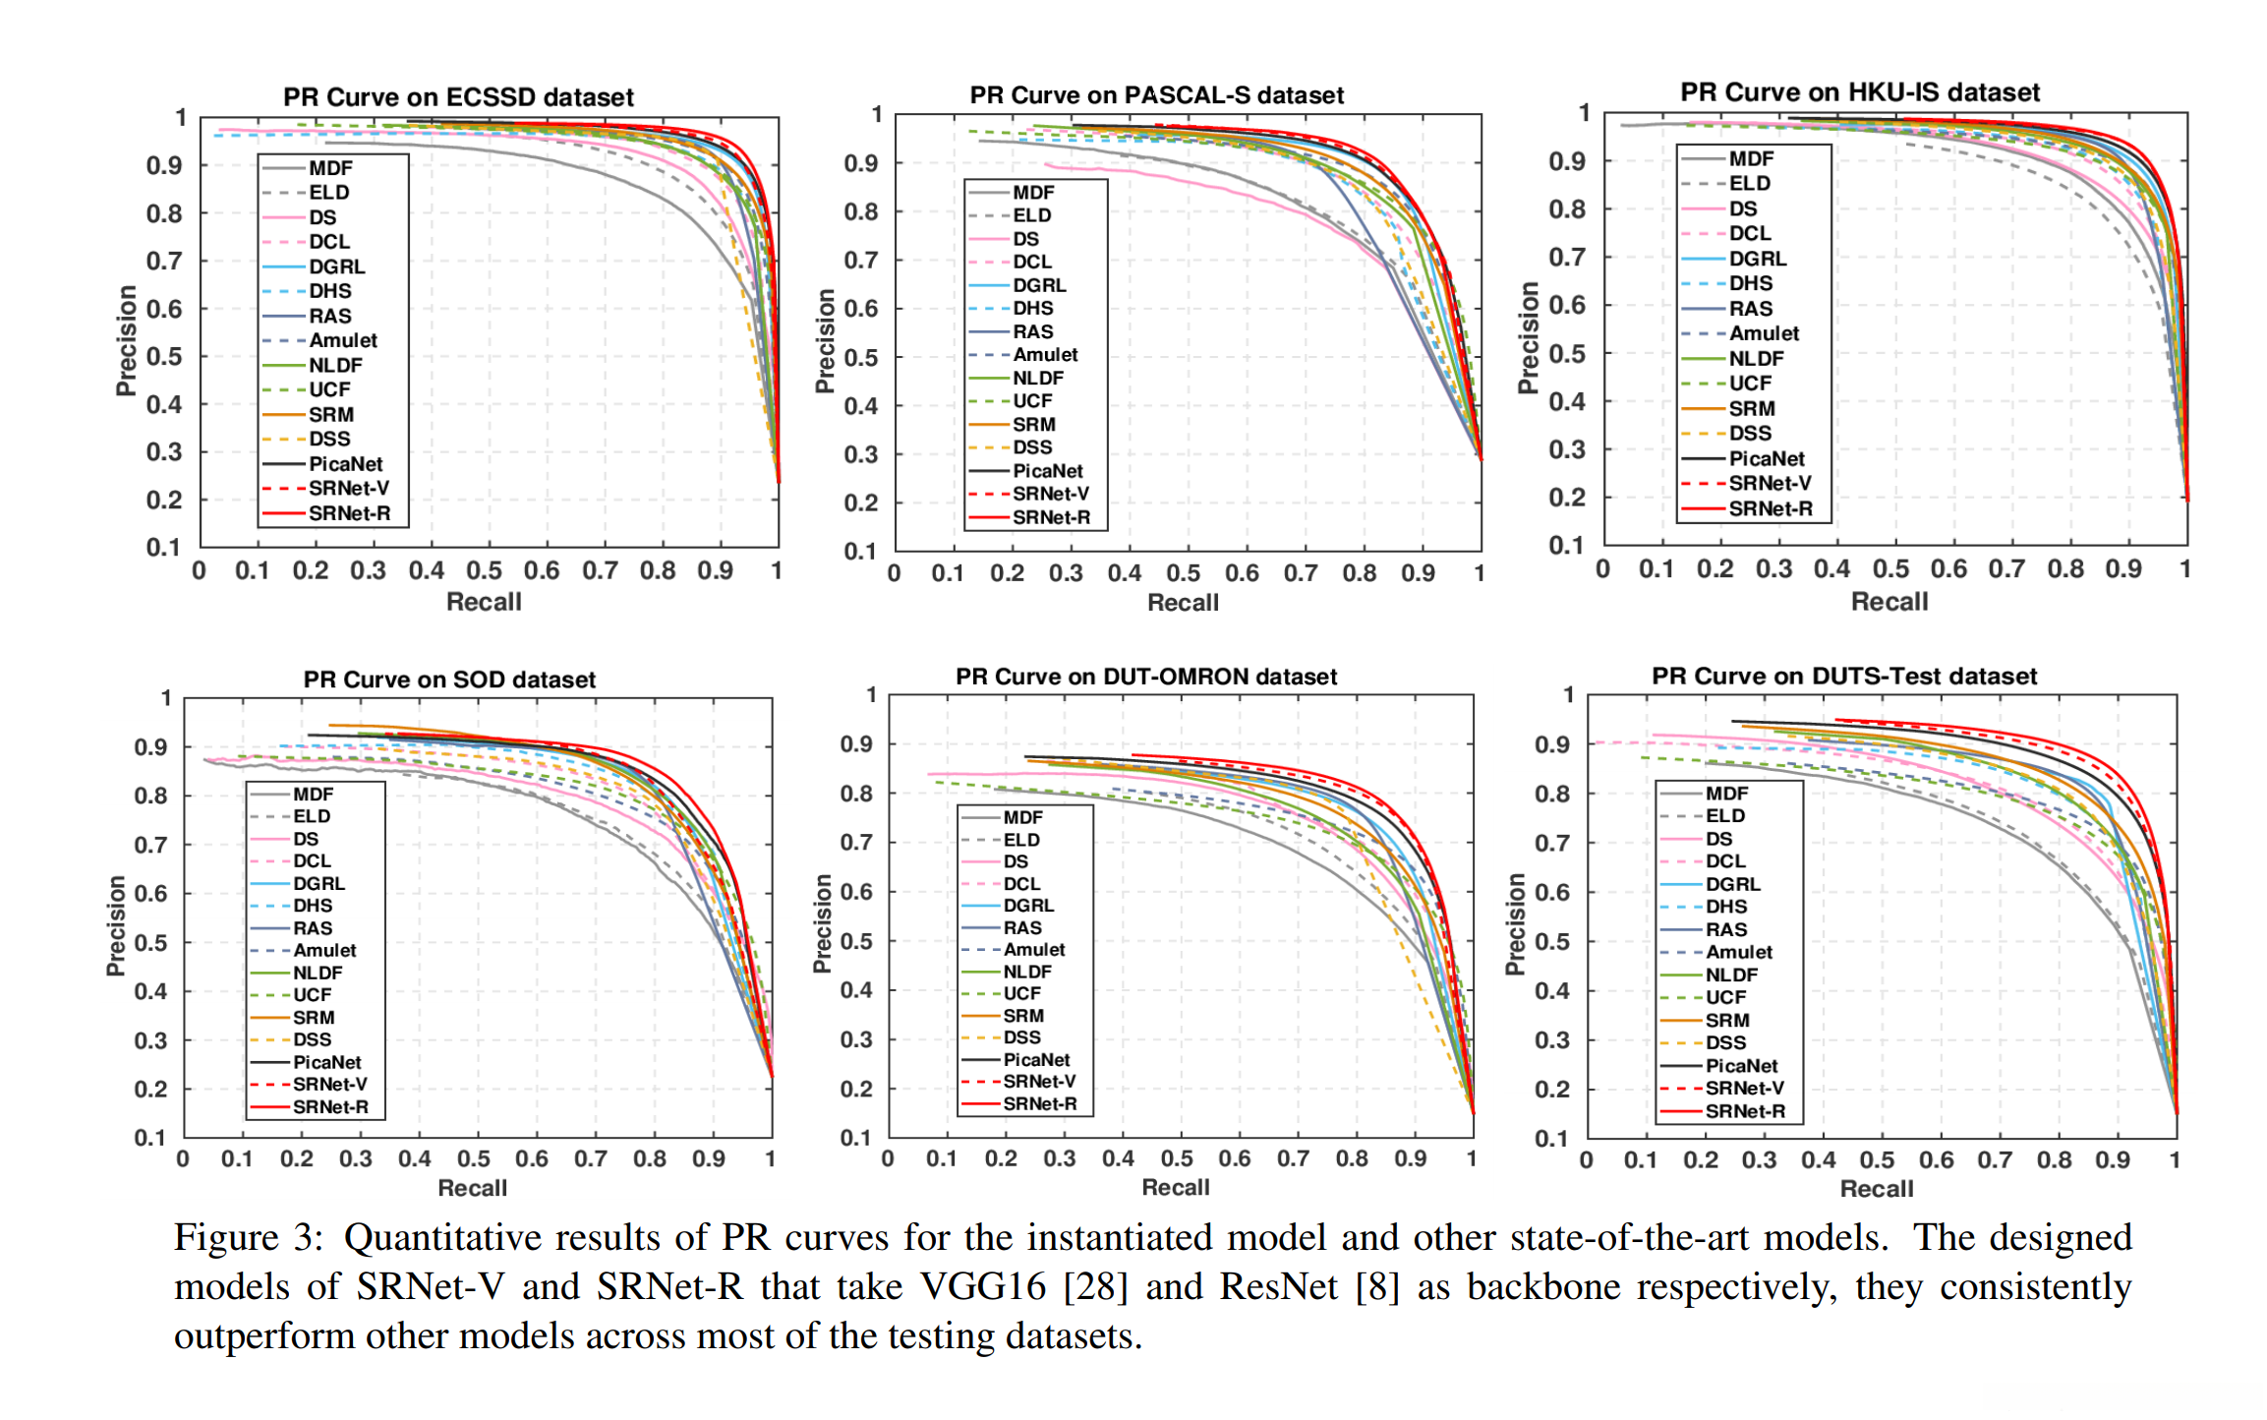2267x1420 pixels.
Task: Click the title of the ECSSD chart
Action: [x=458, y=97]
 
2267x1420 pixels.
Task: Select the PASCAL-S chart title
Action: [x=1156, y=95]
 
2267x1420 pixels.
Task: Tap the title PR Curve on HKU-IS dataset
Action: [x=1859, y=92]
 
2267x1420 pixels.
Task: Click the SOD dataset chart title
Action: [x=449, y=680]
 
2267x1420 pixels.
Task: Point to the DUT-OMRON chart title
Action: [x=1145, y=677]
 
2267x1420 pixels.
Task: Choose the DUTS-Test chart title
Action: [x=1843, y=677]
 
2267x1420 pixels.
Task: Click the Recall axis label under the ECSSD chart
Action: [x=484, y=602]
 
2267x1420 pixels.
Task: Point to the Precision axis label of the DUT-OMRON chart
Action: [x=823, y=923]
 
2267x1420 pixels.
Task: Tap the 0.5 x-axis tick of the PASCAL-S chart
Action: [x=1183, y=573]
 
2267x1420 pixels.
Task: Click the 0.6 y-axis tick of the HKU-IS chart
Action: [x=1567, y=305]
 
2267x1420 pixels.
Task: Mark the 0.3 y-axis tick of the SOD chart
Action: [x=150, y=1040]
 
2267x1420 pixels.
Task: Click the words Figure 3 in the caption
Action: [x=248, y=1238]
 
